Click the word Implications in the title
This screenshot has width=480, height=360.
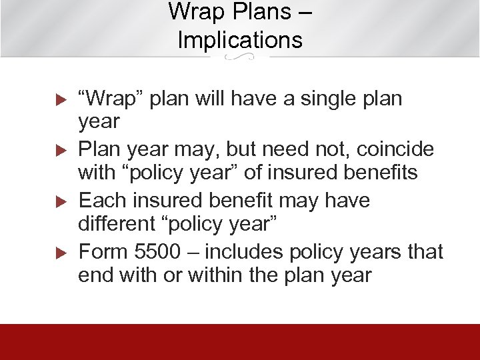[x=240, y=39]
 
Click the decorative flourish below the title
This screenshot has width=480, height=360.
[x=240, y=58]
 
